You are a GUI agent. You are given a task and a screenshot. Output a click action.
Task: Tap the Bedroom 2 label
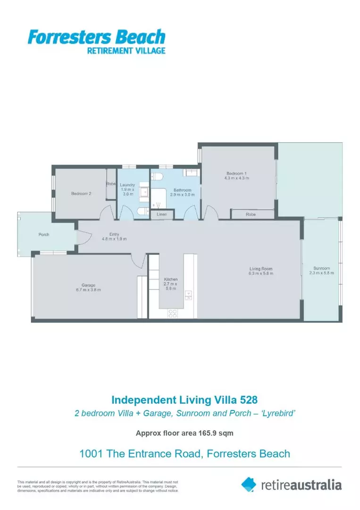pos(81,194)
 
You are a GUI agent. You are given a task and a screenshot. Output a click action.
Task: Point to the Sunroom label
pos(321,268)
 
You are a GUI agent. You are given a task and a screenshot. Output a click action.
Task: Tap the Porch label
pos(44,235)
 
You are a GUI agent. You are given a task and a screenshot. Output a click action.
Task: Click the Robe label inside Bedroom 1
pos(251,214)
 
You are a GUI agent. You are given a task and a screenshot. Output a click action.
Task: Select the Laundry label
pos(127,185)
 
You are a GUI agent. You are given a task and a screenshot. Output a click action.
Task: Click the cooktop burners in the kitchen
pos(173,313)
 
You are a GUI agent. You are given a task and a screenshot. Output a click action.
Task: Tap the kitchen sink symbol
pos(188,296)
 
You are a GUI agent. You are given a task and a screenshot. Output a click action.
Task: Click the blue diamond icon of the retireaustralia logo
pos(249,484)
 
